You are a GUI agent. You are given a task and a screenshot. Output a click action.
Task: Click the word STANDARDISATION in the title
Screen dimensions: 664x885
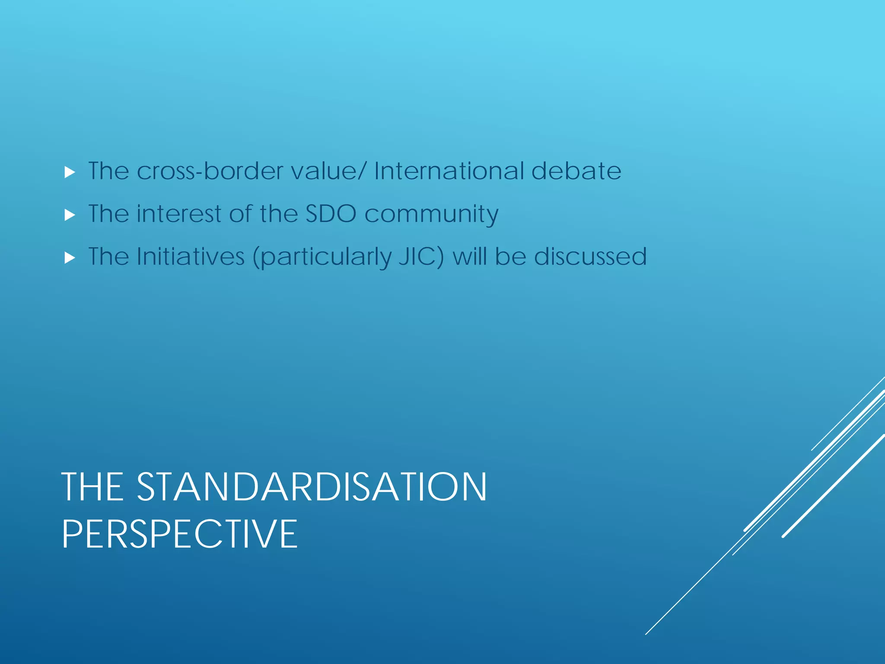pyautogui.click(x=312, y=487)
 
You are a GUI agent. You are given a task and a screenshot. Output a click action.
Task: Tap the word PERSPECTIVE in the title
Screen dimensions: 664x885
pyautogui.click(x=180, y=534)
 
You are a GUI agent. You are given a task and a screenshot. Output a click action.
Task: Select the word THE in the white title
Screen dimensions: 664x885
pyautogui.click(x=92, y=487)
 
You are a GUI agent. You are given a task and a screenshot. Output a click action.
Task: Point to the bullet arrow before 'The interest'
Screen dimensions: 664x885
pyautogui.click(x=70, y=215)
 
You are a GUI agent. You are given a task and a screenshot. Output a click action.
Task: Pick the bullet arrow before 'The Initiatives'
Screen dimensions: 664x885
pyautogui.click(x=70, y=258)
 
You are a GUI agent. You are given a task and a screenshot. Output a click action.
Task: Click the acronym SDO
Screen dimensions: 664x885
pyautogui.click(x=331, y=214)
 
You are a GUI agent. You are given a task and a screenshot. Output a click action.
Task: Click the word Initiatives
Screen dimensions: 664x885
pyautogui.click(x=191, y=256)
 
